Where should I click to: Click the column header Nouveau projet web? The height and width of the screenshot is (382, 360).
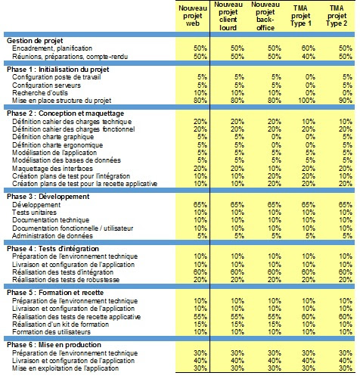click(x=193, y=16)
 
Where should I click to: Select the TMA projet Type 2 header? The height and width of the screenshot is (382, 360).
click(x=337, y=16)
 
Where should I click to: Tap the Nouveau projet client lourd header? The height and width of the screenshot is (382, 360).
click(x=228, y=16)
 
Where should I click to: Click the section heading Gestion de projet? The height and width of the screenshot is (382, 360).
click(x=35, y=41)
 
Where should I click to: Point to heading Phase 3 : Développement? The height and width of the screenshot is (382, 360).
click(x=48, y=197)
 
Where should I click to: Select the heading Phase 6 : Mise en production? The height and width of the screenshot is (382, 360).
click(x=54, y=345)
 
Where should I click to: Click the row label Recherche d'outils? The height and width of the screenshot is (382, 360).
click(x=40, y=93)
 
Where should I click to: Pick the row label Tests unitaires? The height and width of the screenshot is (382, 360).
click(x=34, y=213)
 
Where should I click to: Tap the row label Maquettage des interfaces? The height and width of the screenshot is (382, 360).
click(x=52, y=169)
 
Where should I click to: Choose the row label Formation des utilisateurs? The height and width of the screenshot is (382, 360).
click(x=51, y=332)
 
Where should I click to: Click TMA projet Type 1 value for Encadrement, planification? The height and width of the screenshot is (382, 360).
click(x=309, y=48)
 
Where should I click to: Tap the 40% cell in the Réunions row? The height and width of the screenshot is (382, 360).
click(x=309, y=57)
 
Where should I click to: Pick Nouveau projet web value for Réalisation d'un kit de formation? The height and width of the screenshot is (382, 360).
click(x=200, y=325)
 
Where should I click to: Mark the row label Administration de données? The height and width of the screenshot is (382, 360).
click(x=52, y=236)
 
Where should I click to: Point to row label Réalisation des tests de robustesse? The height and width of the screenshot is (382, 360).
click(x=66, y=280)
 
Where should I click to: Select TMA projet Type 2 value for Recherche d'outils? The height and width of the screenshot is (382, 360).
click(x=347, y=93)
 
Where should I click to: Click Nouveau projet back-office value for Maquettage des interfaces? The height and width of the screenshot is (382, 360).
click(x=275, y=169)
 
